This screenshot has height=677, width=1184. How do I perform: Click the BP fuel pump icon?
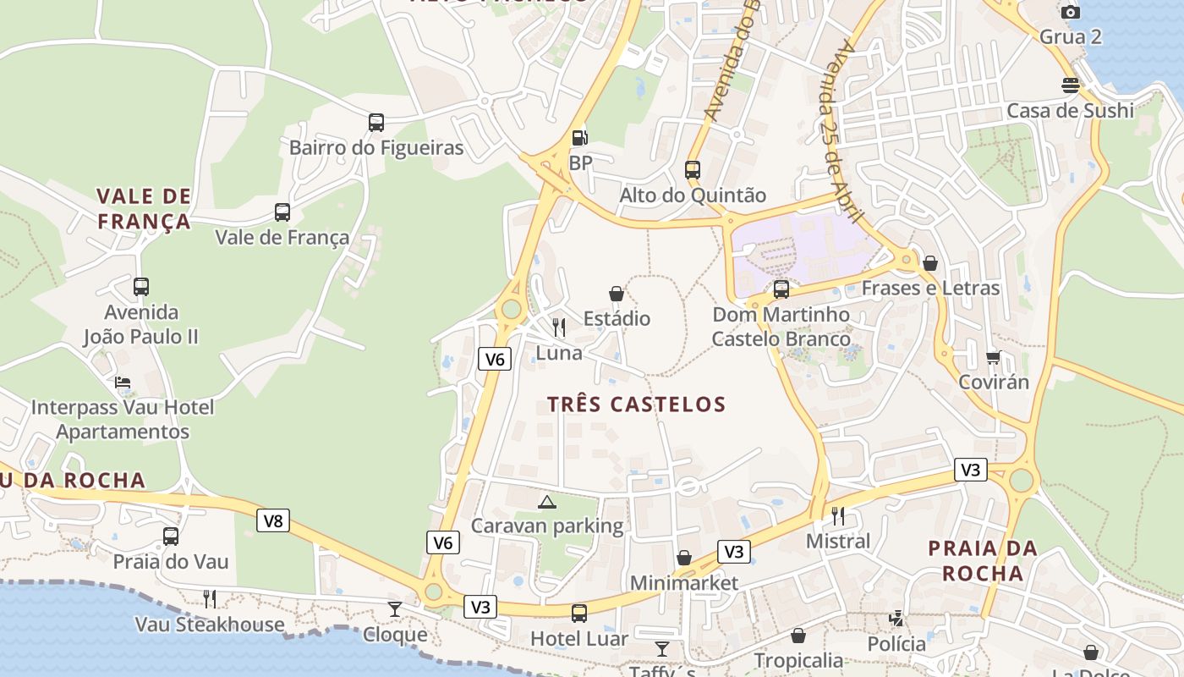pyautogui.click(x=579, y=137)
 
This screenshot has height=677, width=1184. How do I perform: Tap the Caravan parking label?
pyautogui.click(x=547, y=526)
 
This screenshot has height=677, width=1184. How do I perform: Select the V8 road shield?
pyautogui.click(x=273, y=520)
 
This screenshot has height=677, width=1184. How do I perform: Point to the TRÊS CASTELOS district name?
pyautogui.click(x=636, y=404)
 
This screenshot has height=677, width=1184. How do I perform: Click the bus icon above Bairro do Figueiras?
pyautogui.click(x=376, y=123)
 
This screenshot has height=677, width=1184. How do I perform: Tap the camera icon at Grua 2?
pyautogui.click(x=1071, y=12)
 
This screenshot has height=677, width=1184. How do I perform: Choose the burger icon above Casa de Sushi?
pyautogui.click(x=1071, y=85)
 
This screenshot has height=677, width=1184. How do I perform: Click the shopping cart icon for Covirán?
pyautogui.click(x=994, y=357)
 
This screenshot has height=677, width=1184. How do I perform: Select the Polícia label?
pyautogui.click(x=896, y=644)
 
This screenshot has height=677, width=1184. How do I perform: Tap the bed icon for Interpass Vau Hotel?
pyautogui.click(x=123, y=383)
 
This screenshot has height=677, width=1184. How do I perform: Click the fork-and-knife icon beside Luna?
pyautogui.click(x=559, y=327)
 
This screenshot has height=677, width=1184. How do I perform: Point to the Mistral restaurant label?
pyautogui.click(x=838, y=541)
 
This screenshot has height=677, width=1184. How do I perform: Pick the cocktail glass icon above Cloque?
pyautogui.click(x=395, y=608)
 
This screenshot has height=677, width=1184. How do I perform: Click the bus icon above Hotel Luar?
pyautogui.click(x=579, y=614)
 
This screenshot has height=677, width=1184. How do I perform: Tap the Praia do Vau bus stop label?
pyautogui.click(x=171, y=561)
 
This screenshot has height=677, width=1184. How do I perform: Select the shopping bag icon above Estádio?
pyautogui.click(x=617, y=294)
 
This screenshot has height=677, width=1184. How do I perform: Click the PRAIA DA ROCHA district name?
pyautogui.click(x=983, y=560)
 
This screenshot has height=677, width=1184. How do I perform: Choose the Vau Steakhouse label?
pyautogui.click(x=210, y=625)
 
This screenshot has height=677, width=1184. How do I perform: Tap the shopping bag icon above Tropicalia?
pyautogui.click(x=798, y=636)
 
